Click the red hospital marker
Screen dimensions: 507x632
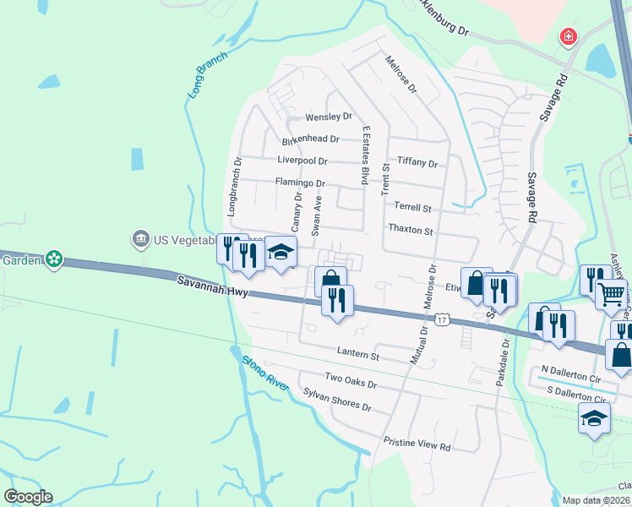pos(569,37)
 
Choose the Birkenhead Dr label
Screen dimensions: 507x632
pos(310,139)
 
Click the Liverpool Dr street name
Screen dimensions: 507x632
pos(302,161)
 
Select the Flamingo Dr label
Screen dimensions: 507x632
pos(300,183)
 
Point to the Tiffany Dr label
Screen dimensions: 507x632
pos(417,163)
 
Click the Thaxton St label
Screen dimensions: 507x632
pos(410,230)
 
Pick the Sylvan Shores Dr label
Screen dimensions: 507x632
pos(337,400)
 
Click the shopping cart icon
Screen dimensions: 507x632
pos(611,294)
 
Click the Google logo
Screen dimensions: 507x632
pos(28,497)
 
